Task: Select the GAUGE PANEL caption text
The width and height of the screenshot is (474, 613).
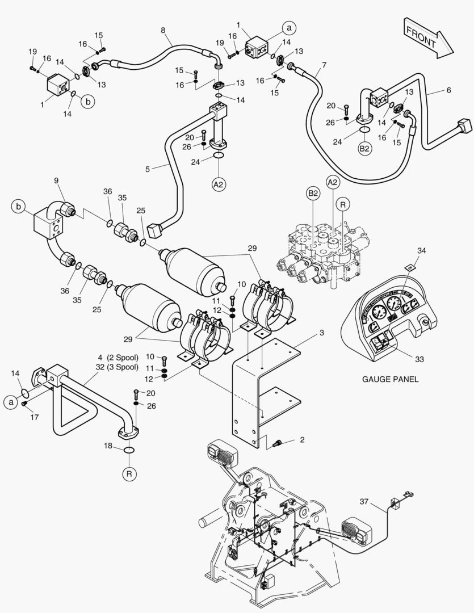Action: pos(390,379)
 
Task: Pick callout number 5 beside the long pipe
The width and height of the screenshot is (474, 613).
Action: pos(148,169)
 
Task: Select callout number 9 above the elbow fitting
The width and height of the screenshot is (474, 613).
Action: pos(56,181)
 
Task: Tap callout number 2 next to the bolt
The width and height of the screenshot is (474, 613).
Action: pos(302,440)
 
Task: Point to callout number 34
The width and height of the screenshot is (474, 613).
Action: pos(421,250)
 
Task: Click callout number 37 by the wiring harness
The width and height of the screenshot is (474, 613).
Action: pos(364,501)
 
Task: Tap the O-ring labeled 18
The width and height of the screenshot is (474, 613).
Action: pos(129,450)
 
